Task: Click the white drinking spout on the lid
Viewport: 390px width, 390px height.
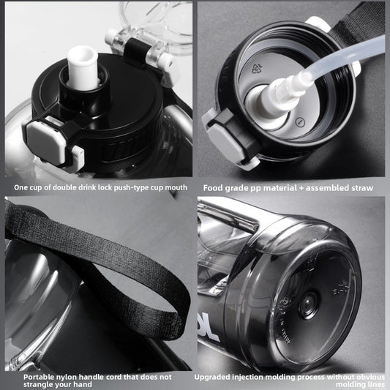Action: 83,67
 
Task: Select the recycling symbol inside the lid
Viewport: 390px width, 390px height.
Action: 257,68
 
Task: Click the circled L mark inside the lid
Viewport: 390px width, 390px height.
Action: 300,122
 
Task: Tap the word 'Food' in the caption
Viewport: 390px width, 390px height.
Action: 213,188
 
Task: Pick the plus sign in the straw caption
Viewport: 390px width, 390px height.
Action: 301,188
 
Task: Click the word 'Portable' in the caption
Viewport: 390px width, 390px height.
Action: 37,377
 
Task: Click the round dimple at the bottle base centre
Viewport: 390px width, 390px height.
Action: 307,305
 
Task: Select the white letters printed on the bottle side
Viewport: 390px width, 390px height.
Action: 207,326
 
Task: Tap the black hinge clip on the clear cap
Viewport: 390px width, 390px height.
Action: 134,50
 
